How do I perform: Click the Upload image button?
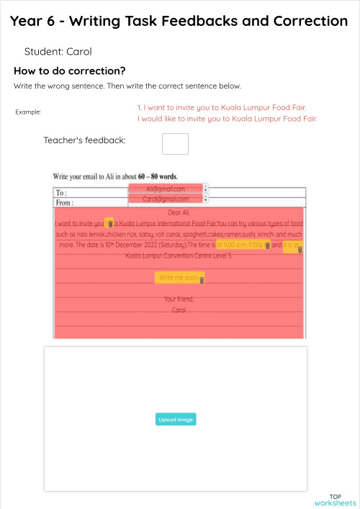pos(176,420)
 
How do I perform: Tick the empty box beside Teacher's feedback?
pos(175,144)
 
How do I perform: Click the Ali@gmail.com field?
pos(166,189)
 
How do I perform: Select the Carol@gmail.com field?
pos(166,199)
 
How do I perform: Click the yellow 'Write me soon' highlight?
pos(176,277)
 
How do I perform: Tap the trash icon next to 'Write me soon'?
pos(202,279)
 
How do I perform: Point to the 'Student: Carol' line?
pos(58,52)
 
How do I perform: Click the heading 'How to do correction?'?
pos(70,71)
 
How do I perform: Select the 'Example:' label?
pos(28,112)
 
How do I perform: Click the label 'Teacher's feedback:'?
pos(84,140)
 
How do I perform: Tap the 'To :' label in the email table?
pos(62,193)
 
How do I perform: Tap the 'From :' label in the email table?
pos(65,203)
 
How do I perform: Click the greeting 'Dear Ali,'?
pos(179,212)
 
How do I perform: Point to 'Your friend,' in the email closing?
pos(179,299)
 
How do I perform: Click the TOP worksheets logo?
pos(336,500)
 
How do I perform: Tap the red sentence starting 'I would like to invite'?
pos(227,119)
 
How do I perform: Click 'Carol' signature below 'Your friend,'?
pos(179,310)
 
